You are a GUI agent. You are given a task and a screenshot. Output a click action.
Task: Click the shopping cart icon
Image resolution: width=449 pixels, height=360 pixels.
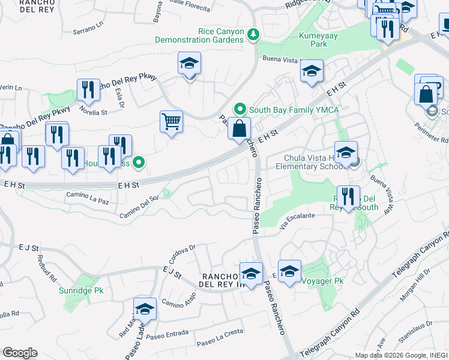[x=172, y=122]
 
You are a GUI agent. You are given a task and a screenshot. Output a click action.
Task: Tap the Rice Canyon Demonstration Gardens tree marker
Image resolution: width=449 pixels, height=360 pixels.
[x=254, y=35]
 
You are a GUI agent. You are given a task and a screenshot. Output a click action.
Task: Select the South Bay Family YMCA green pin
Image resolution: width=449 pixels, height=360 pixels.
[x=241, y=109]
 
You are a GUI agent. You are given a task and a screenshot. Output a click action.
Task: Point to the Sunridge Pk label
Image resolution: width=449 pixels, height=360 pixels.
[x=81, y=290]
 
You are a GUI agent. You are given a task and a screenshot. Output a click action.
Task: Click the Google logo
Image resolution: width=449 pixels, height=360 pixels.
[x=20, y=353]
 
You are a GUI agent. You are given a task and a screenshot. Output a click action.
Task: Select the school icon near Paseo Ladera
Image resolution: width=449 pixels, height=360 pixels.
[x=145, y=310]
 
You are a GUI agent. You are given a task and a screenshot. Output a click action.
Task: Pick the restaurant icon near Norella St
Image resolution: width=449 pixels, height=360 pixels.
[x=89, y=90]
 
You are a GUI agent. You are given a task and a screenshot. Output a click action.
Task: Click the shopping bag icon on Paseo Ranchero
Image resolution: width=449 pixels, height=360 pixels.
[x=239, y=128]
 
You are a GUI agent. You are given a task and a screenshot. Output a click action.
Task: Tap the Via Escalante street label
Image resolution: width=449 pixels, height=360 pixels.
[x=297, y=220]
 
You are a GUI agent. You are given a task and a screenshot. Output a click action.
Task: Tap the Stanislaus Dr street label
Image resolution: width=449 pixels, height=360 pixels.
[x=418, y=329]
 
